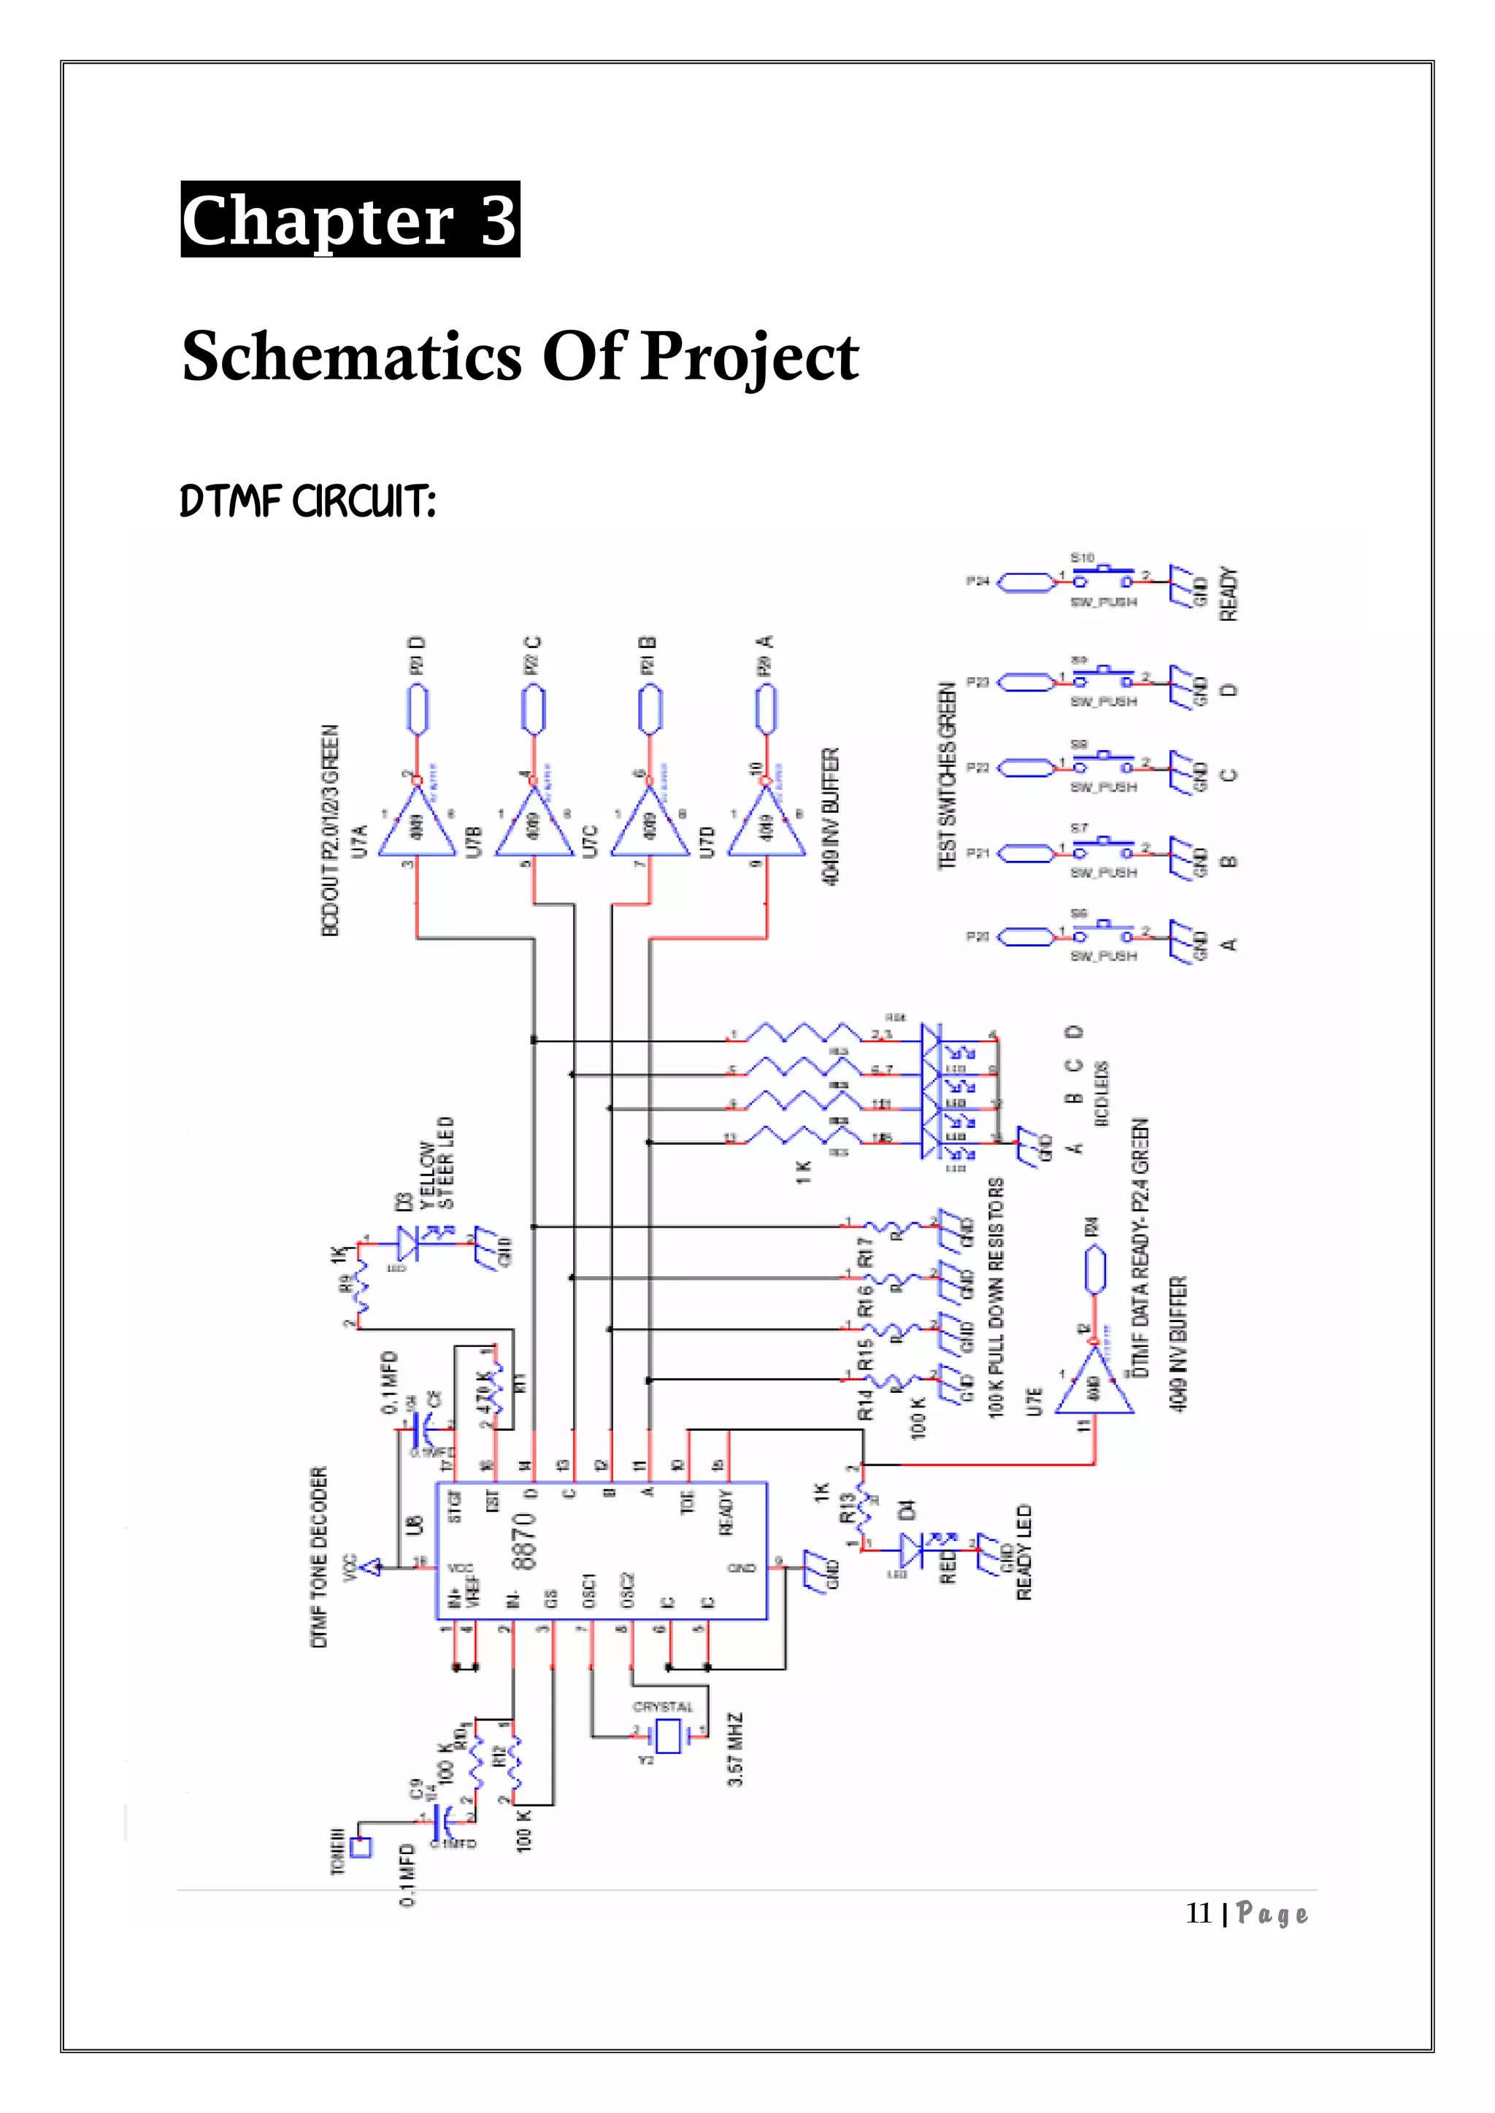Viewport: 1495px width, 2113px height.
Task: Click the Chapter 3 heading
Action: point(350,220)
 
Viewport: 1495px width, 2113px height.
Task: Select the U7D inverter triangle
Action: point(766,822)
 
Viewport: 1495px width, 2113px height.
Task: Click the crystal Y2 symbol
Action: point(667,1736)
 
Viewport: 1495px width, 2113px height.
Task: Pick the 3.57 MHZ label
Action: point(736,1749)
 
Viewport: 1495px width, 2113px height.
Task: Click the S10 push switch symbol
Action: point(1103,580)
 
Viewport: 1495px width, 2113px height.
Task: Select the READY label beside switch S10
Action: point(1230,595)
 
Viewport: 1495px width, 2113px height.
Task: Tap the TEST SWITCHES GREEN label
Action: point(946,775)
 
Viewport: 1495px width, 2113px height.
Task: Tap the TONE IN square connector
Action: point(362,1847)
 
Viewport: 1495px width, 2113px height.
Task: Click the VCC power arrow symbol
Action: point(370,1566)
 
